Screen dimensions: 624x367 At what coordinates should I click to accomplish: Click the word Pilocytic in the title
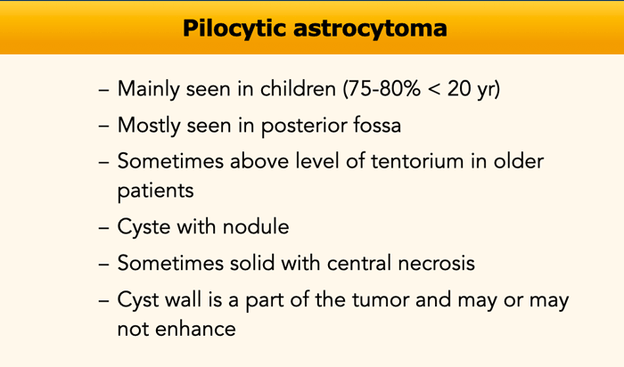pyautogui.click(x=234, y=29)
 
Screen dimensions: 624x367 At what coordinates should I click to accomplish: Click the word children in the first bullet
pyautogui.click(x=298, y=88)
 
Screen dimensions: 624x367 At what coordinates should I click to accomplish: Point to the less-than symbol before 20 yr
pyautogui.click(x=434, y=89)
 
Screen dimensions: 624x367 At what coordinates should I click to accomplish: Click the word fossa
pyautogui.click(x=377, y=125)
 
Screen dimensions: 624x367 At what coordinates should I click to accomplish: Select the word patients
pyautogui.click(x=156, y=192)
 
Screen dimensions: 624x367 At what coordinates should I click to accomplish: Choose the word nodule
pyautogui.click(x=256, y=226)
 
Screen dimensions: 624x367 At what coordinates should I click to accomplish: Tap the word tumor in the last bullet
pyautogui.click(x=381, y=300)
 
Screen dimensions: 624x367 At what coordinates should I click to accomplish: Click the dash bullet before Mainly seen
pyautogui.click(x=104, y=90)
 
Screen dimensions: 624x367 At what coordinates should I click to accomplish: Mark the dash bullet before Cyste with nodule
pyautogui.click(x=104, y=229)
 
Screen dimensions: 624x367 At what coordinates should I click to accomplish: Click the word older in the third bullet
pyautogui.click(x=519, y=161)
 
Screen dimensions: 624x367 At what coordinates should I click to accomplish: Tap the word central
pyautogui.click(x=360, y=263)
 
